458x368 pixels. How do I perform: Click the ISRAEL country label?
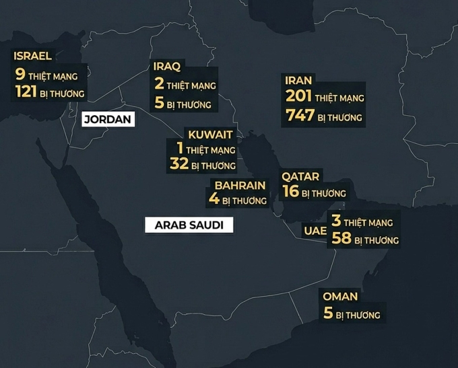[x=32, y=56]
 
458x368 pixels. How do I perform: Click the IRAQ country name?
[x=167, y=67]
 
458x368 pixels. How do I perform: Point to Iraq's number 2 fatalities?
[x=159, y=85]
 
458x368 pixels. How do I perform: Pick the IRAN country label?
[x=298, y=80]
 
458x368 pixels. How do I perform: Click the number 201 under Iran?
[x=298, y=98]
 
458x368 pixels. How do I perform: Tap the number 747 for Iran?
[x=300, y=116]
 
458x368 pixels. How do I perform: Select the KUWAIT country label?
[x=211, y=135]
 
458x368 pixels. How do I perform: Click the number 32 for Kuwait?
[x=178, y=165]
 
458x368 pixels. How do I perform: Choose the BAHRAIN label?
[x=240, y=185]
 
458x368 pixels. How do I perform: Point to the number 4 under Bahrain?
[x=213, y=200]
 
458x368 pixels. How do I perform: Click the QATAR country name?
[x=300, y=176]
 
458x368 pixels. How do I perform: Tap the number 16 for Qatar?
[x=291, y=192]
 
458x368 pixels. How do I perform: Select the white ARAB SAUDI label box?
[x=189, y=225]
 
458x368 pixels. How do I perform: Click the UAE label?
[x=315, y=231]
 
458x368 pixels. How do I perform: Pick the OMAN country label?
[x=340, y=297]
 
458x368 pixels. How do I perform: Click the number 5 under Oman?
[x=328, y=314]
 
